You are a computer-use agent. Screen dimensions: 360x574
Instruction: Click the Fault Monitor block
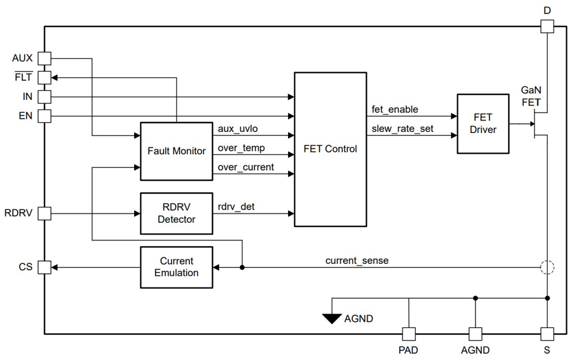click(x=176, y=151)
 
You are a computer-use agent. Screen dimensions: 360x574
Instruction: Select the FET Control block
click(x=330, y=149)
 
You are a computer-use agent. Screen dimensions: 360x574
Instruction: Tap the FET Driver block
click(x=483, y=124)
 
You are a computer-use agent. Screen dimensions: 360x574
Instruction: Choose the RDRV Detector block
click(x=176, y=213)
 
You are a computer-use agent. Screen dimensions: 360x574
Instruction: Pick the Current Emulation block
click(x=176, y=267)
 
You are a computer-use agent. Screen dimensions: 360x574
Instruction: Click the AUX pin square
click(x=44, y=58)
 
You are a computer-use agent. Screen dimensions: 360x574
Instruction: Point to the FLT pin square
click(x=44, y=78)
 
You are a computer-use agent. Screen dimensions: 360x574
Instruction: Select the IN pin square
click(x=44, y=97)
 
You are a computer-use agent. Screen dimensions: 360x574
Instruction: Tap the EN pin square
click(x=44, y=116)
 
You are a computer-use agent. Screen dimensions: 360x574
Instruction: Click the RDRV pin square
click(x=44, y=213)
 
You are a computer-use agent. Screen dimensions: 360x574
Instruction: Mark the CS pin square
click(x=44, y=267)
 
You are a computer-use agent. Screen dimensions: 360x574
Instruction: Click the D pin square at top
click(x=547, y=26)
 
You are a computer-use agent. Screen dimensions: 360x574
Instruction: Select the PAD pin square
click(x=408, y=334)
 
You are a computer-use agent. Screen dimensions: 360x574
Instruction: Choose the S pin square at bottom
click(x=547, y=334)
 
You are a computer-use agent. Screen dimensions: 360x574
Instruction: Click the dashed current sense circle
click(x=547, y=268)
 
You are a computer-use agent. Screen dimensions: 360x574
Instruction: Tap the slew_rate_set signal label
click(x=402, y=128)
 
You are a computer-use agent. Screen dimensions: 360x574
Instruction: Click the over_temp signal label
click(x=241, y=148)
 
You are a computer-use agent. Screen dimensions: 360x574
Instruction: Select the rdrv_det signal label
click(x=236, y=207)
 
